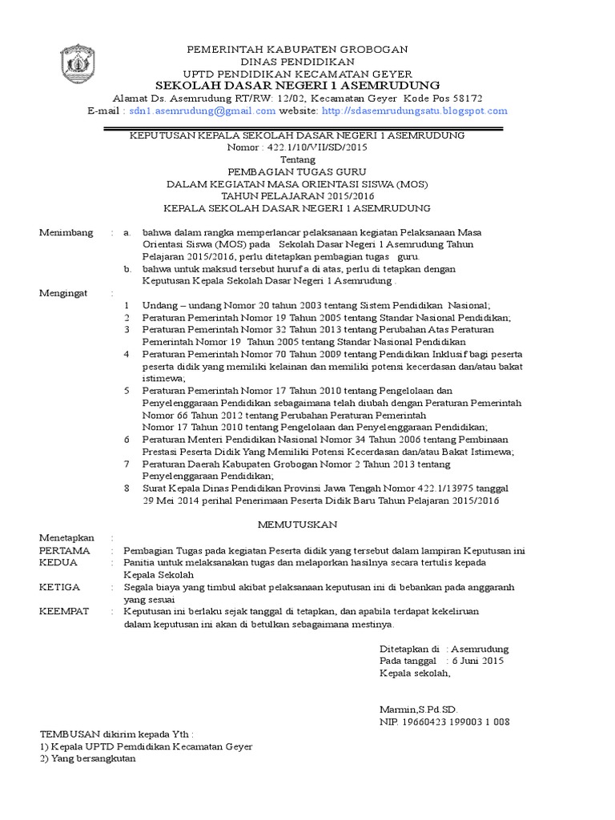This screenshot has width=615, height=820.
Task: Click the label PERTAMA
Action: pos(65,551)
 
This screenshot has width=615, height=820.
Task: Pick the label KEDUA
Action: pos(59,563)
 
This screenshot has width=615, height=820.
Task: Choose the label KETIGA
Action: pos(61,587)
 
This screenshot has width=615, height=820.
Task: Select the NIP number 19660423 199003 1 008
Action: pos(455,722)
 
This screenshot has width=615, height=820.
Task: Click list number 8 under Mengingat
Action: pos(127,488)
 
